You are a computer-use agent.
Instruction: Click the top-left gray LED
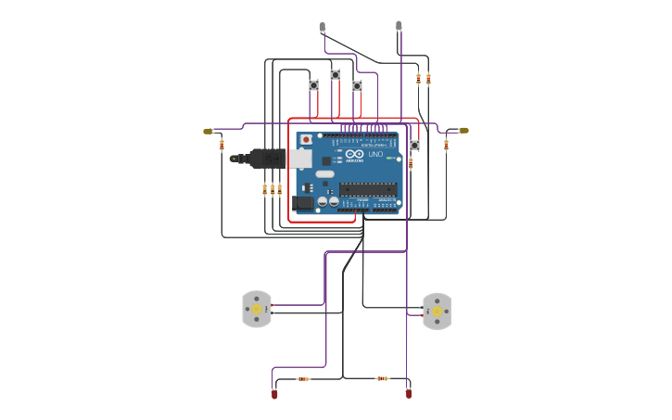tap(323, 27)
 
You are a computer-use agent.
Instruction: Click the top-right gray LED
tap(399, 26)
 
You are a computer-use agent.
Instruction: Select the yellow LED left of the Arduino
tap(209, 132)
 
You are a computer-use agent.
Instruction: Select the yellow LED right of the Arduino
tap(463, 131)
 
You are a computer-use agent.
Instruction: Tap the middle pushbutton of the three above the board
tap(336, 74)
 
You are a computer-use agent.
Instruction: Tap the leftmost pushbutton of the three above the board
tap(313, 85)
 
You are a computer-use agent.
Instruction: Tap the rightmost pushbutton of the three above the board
tap(357, 85)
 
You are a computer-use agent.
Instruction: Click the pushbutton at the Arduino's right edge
tap(414, 146)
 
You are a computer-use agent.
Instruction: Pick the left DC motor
tap(257, 309)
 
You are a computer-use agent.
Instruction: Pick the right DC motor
tap(437, 312)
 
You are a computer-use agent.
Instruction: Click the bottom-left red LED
tap(274, 395)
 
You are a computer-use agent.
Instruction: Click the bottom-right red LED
tap(409, 393)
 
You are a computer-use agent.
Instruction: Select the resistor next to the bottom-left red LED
tap(303, 378)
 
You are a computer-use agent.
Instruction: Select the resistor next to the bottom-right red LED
tap(382, 378)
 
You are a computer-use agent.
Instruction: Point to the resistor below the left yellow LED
tap(222, 145)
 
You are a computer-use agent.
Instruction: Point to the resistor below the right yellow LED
tap(446, 145)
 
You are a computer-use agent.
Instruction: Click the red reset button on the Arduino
tap(306, 139)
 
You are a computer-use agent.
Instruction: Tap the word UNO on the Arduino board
tap(375, 154)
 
